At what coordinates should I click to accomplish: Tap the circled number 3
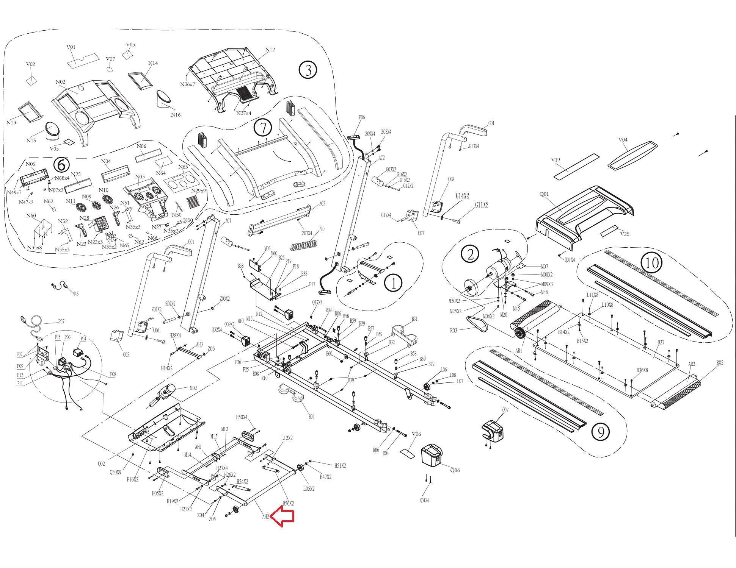coord(308,70)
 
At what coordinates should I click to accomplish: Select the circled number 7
coord(263,128)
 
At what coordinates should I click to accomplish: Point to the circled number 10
coord(651,262)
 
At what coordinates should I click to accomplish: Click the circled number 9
coord(600,431)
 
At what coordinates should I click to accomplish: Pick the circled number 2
coord(470,254)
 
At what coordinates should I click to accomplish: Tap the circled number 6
coord(61,165)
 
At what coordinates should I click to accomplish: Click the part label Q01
coord(544,194)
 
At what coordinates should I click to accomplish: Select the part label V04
coord(623,140)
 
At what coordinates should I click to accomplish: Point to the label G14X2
coord(462,196)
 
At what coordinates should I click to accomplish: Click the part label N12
coord(270,50)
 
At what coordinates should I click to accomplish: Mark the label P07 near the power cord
coord(61,321)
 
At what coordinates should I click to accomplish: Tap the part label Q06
coord(455,470)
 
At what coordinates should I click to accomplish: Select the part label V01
coord(71,47)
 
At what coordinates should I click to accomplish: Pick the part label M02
coord(193,388)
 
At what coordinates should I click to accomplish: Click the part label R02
coord(720,362)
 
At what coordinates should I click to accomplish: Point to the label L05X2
coord(309,488)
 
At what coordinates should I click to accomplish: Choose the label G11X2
coord(482,205)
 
